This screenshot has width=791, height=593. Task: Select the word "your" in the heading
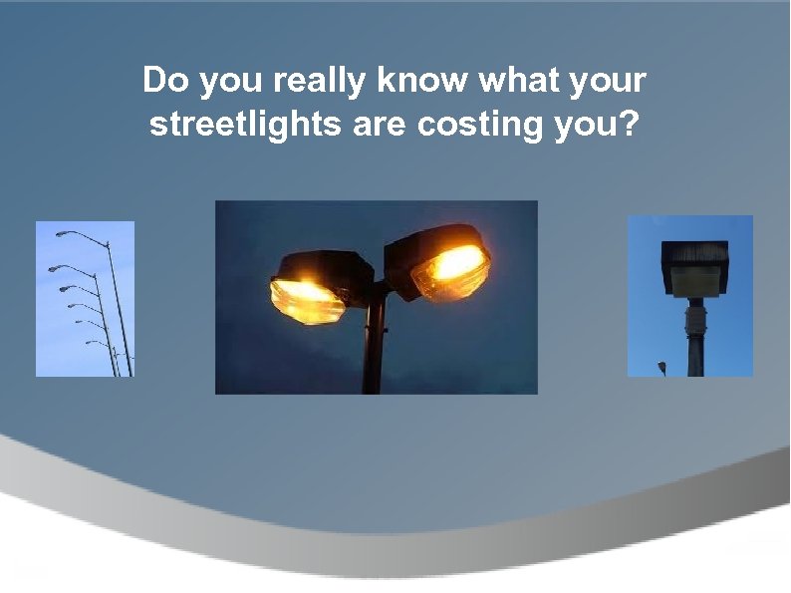coord(610,82)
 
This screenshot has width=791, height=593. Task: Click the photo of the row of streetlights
coord(85,299)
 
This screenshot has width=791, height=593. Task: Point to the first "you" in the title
coord(234,82)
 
